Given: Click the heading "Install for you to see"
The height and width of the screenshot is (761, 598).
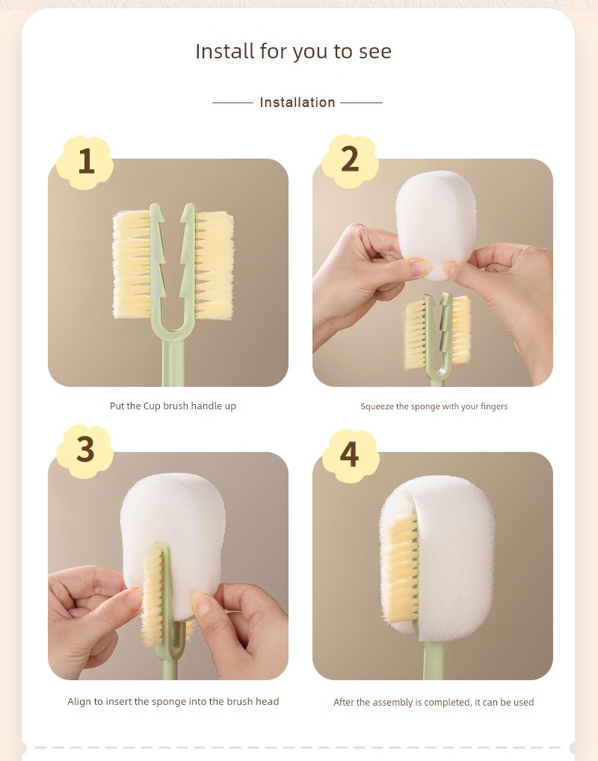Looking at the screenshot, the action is pyautogui.click(x=293, y=52).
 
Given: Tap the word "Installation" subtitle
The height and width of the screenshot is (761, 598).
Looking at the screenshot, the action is pyautogui.click(x=298, y=103).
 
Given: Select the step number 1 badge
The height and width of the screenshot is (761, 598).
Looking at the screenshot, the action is pyautogui.click(x=85, y=162).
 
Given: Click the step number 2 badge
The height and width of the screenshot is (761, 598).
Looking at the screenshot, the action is pyautogui.click(x=349, y=160).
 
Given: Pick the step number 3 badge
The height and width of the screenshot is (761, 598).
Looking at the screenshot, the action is pyautogui.click(x=85, y=450).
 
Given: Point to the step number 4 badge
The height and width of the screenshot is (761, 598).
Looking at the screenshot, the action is pyautogui.click(x=350, y=455).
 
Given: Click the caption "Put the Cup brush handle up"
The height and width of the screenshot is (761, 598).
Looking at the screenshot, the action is pyautogui.click(x=173, y=406).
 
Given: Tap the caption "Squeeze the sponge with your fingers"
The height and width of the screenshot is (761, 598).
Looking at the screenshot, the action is pyautogui.click(x=434, y=407).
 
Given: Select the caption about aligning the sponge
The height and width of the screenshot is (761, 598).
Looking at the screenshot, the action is pyautogui.click(x=173, y=701).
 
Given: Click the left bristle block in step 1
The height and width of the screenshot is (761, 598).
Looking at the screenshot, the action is pyautogui.click(x=132, y=265).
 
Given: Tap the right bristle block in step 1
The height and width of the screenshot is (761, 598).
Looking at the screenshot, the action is pyautogui.click(x=214, y=265).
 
